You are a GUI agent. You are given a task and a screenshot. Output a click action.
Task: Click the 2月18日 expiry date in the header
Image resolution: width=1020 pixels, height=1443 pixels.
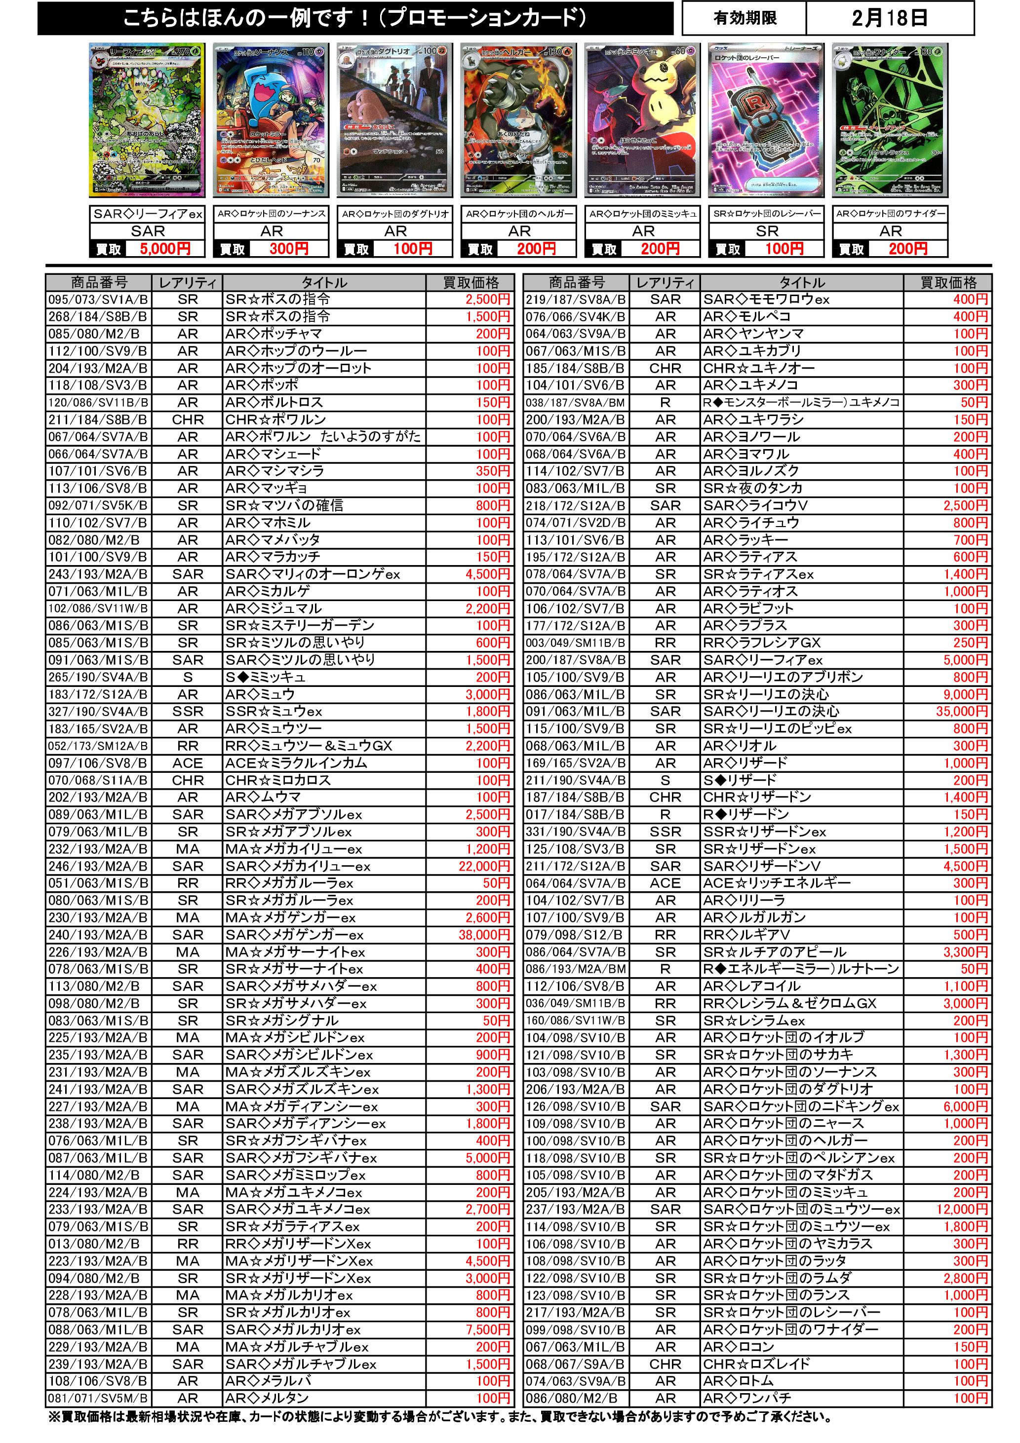(x=889, y=18)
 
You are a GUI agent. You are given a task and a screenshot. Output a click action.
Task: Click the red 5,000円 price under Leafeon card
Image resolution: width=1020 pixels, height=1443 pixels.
(x=165, y=249)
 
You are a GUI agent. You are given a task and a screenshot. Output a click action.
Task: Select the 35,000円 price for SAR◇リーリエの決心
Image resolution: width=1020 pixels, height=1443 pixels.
(x=962, y=712)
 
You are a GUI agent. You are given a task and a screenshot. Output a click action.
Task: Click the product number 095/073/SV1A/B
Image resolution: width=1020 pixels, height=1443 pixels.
(x=98, y=300)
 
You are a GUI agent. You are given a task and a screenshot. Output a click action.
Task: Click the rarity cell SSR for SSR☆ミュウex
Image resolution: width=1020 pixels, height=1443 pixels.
(x=188, y=712)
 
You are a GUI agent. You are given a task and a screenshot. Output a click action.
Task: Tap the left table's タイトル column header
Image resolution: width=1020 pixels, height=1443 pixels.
(x=324, y=283)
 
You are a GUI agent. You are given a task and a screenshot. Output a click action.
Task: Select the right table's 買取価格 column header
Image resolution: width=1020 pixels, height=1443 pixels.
(x=948, y=283)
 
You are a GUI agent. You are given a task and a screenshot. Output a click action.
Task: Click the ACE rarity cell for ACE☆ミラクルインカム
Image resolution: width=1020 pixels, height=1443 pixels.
(x=188, y=763)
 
